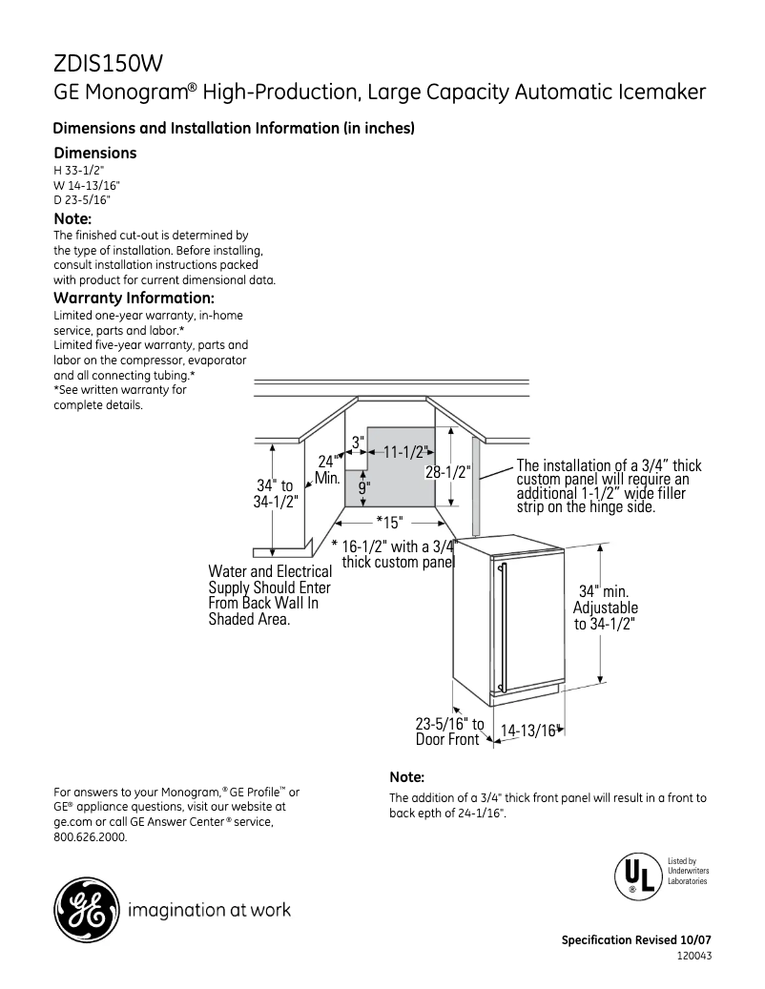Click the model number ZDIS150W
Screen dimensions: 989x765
[108, 64]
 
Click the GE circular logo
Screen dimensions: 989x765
[86, 910]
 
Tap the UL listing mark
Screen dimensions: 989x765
[638, 874]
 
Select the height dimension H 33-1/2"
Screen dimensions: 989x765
[78, 170]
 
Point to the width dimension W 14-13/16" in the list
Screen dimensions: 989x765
[87, 185]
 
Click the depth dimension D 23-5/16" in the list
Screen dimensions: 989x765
[82, 199]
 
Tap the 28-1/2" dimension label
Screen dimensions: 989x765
[447, 472]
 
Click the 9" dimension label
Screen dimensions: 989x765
[364, 487]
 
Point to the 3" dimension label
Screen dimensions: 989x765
[358, 443]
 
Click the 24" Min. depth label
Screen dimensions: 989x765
[327, 469]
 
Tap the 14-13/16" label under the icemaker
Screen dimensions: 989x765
[527, 731]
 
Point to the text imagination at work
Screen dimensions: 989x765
[209, 910]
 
